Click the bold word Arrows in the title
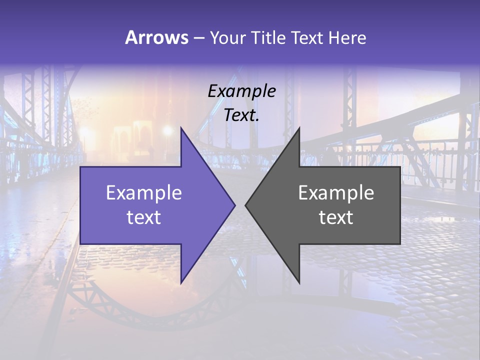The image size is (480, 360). point(156,37)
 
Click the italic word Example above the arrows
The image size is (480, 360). point(241,91)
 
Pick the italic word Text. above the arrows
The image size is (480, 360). point(241,115)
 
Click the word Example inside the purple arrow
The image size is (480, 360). point(143,192)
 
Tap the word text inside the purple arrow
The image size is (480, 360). point(143,217)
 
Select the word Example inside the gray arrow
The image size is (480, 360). point(336,192)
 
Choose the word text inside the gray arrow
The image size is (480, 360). point(336,217)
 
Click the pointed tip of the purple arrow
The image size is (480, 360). point(234,205)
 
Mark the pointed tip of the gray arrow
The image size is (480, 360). point(245,205)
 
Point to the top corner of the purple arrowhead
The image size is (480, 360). point(181,128)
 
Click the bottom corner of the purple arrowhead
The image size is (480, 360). point(181,282)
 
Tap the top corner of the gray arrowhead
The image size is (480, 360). point(299,128)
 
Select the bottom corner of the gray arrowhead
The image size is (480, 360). point(299,282)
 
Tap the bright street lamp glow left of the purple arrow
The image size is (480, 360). point(84,134)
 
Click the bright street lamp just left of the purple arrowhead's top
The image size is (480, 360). point(167,131)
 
